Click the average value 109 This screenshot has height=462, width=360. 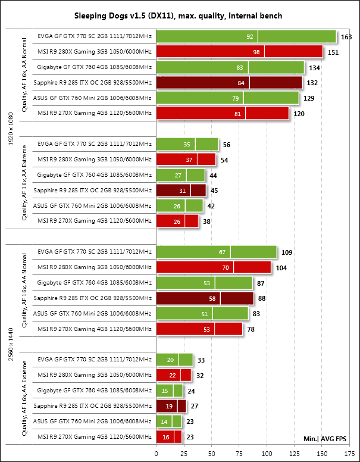pyautogui.click(x=287, y=252)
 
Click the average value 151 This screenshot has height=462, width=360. pyautogui.click(x=333, y=52)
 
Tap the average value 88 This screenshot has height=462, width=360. pyautogui.click(x=264, y=298)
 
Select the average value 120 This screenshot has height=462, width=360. pyautogui.click(x=299, y=113)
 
